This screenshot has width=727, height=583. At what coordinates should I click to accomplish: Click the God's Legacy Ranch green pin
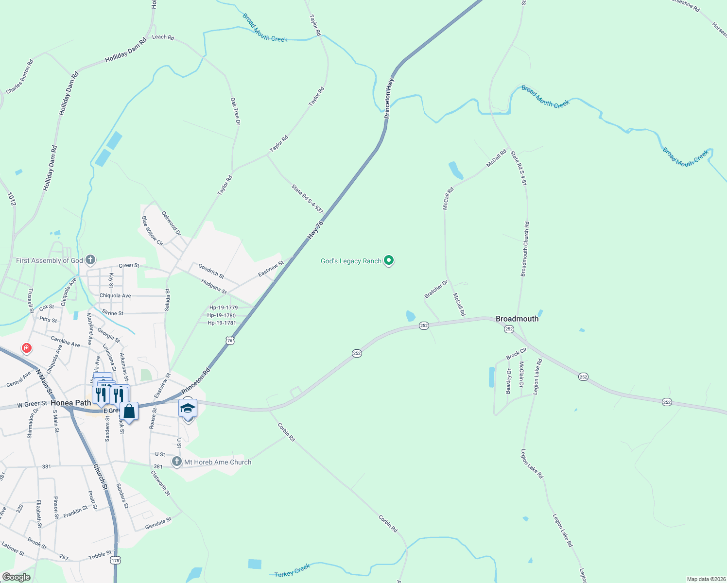[388, 261]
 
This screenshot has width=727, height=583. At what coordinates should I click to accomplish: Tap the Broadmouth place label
[517, 319]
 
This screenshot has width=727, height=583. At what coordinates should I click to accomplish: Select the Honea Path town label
[70, 403]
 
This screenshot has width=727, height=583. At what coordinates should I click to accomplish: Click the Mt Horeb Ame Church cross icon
[176, 462]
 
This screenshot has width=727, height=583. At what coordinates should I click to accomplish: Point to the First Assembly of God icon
[90, 260]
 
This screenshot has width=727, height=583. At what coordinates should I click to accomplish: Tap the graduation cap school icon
[188, 408]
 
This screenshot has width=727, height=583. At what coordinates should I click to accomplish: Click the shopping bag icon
[129, 411]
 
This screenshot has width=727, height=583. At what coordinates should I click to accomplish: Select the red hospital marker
[27, 348]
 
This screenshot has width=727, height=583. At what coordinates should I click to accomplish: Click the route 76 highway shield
[230, 341]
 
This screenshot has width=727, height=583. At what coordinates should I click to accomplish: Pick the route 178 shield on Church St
[115, 561]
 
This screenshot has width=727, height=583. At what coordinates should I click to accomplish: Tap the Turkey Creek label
[292, 571]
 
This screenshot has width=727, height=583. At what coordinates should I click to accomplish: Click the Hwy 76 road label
[315, 230]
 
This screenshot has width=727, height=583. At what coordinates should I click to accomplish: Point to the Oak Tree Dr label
[235, 111]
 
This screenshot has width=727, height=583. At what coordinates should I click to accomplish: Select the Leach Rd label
[163, 37]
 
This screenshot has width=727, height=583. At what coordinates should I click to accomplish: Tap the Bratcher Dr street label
[436, 290]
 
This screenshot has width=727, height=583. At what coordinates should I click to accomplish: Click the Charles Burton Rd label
[20, 77]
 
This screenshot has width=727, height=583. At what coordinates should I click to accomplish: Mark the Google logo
[17, 577]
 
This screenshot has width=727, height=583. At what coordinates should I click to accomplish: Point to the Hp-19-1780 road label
[222, 315]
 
